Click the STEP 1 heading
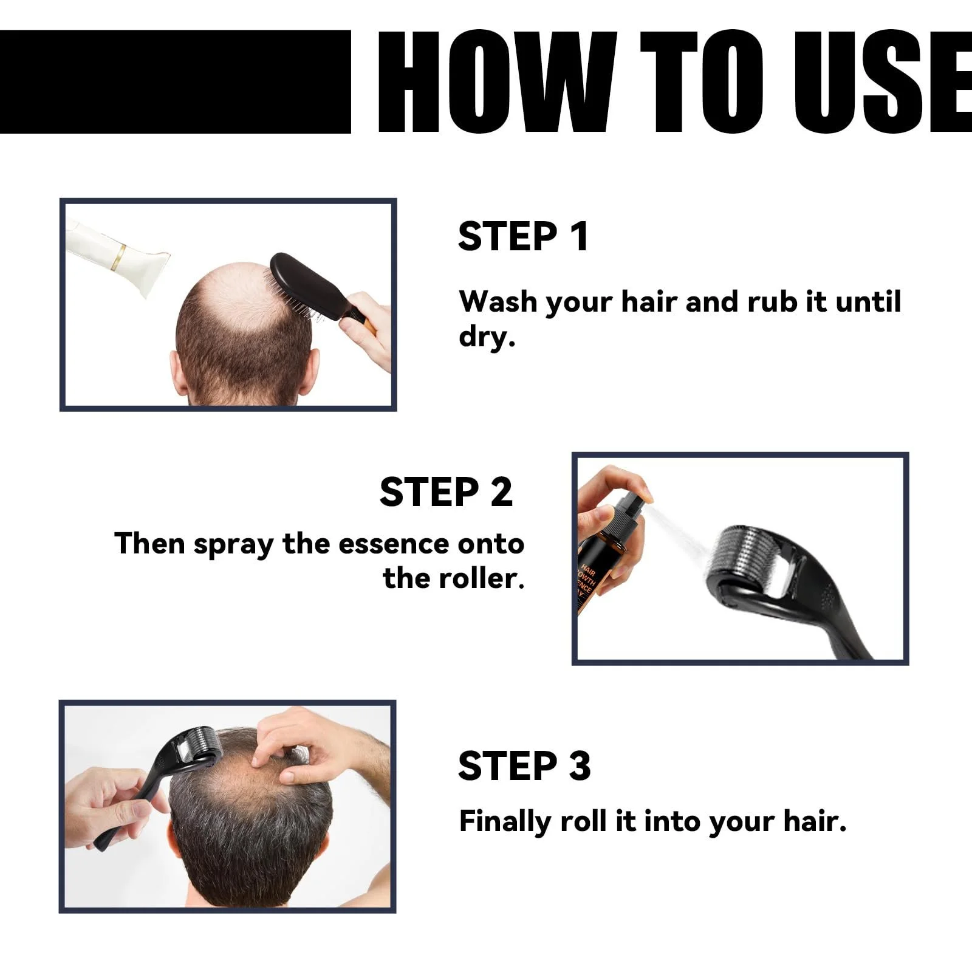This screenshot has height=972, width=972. (524, 236)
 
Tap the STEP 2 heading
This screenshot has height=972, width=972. (446, 491)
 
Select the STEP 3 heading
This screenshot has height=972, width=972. (524, 765)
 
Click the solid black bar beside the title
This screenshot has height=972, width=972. (176, 81)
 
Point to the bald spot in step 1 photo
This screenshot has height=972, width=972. (243, 298)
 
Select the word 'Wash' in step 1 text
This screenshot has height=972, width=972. (498, 301)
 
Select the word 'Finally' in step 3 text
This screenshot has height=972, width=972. (505, 821)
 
